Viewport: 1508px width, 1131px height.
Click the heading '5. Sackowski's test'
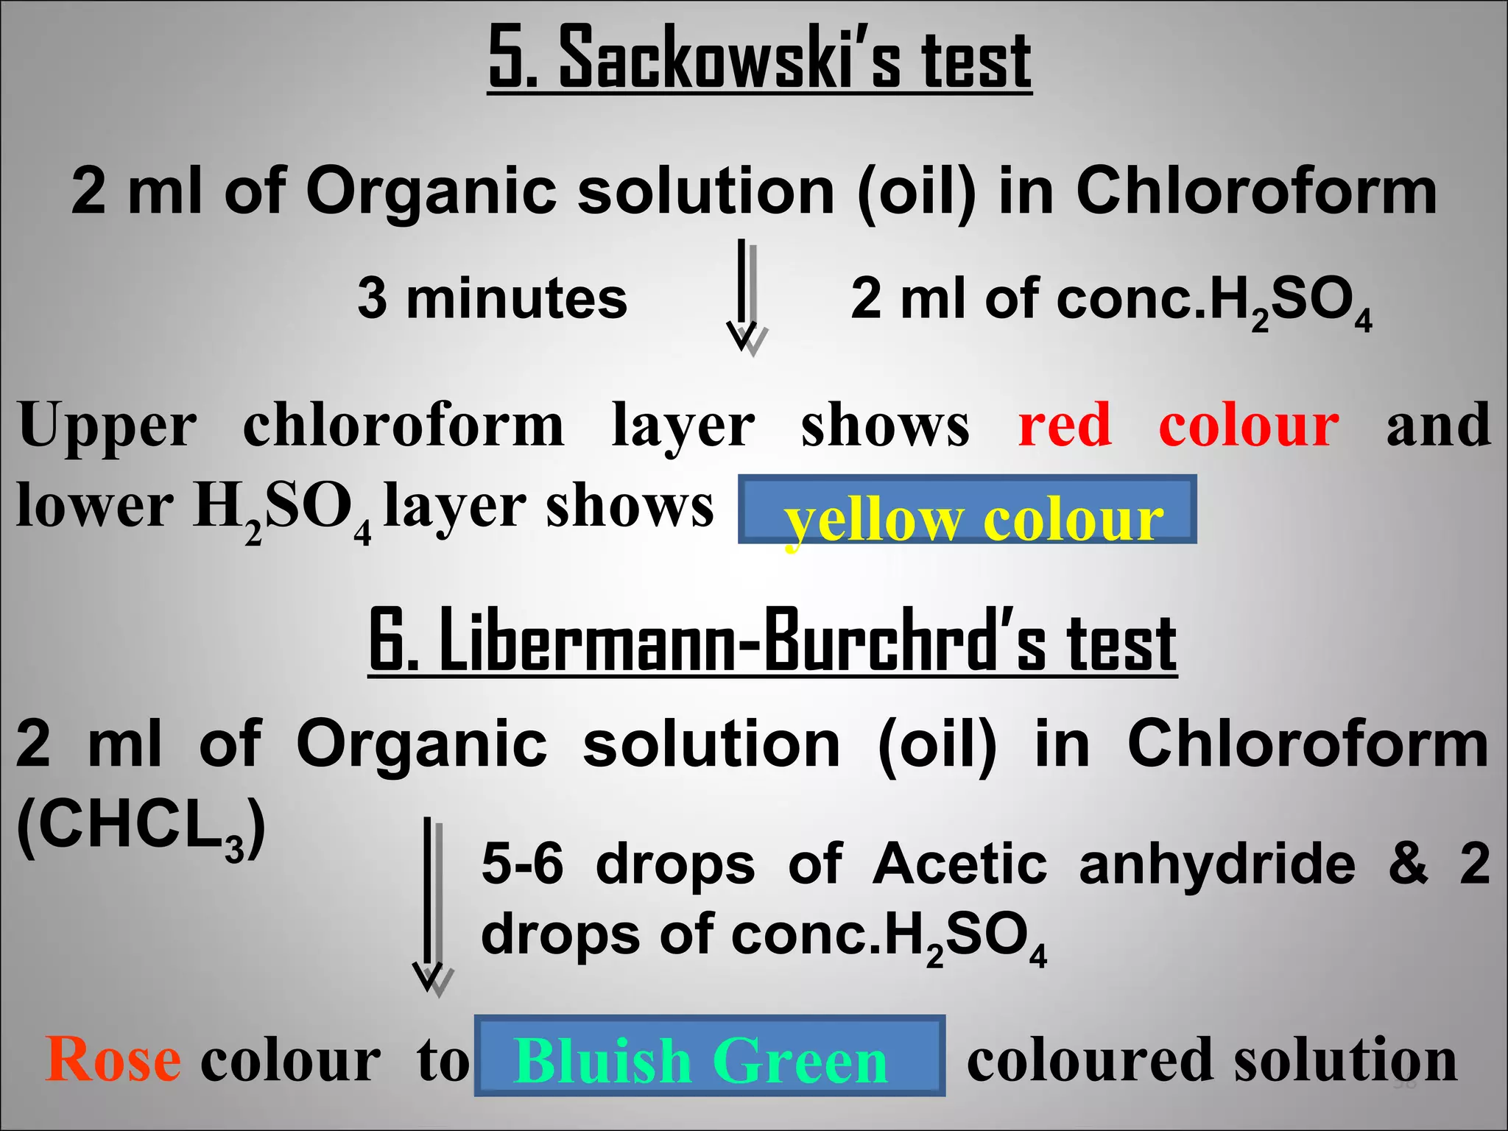(x=760, y=59)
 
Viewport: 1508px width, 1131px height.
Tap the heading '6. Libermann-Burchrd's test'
(x=772, y=640)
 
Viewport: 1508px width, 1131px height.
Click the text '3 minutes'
(x=492, y=298)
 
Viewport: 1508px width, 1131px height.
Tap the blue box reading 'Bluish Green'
(x=709, y=1055)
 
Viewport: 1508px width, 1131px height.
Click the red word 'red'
(x=1065, y=426)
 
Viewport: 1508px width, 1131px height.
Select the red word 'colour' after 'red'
(x=1249, y=426)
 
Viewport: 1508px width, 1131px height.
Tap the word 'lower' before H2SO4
(x=94, y=507)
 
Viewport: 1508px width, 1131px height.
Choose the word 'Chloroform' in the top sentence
(x=1255, y=191)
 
